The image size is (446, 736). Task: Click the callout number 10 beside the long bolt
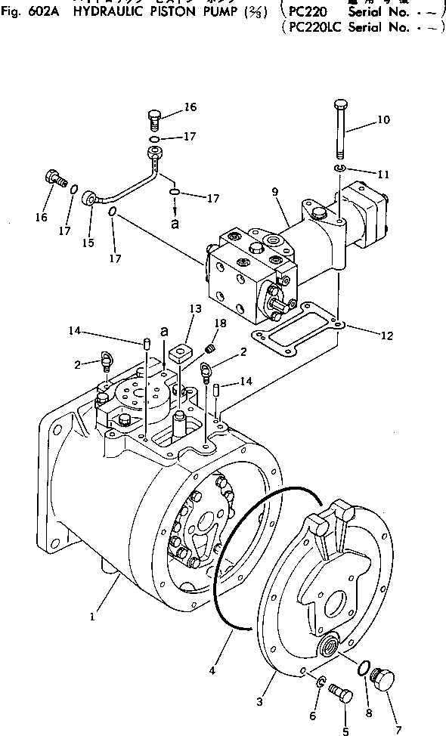tap(383, 119)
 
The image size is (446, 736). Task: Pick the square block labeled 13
tap(179, 354)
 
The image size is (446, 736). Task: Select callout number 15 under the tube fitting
tap(88, 243)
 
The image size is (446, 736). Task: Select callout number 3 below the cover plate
tap(260, 702)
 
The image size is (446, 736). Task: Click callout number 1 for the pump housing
tap(91, 616)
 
